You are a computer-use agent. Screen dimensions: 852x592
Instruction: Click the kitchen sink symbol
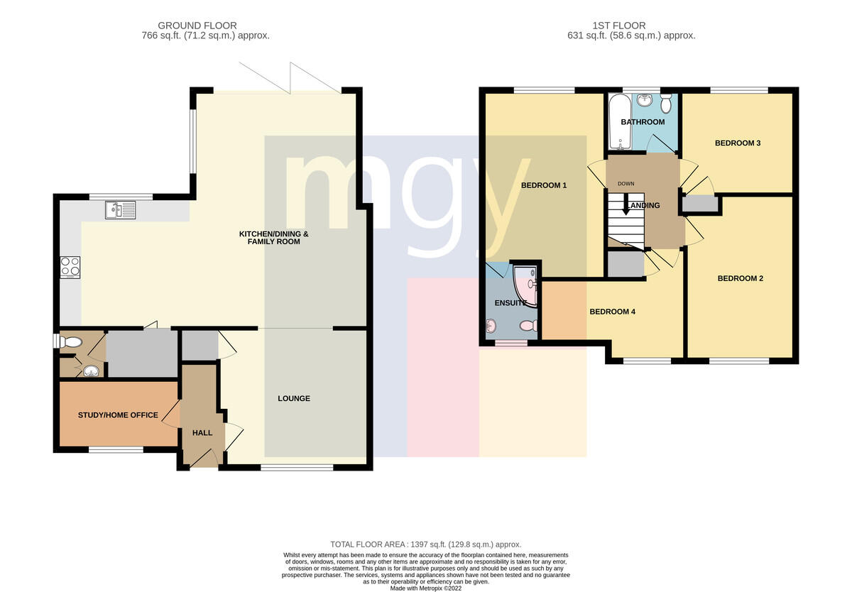click(120, 210)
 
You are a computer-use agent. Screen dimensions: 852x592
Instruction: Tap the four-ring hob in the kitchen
click(70, 268)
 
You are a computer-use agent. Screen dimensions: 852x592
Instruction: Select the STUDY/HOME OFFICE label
click(118, 415)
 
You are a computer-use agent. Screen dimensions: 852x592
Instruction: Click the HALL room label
click(202, 433)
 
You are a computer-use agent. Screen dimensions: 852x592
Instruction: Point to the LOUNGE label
click(294, 398)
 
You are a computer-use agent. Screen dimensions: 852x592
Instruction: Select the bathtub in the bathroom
click(620, 121)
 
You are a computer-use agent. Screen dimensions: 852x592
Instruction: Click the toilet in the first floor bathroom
click(666, 104)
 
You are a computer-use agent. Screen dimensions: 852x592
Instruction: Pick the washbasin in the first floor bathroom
click(645, 100)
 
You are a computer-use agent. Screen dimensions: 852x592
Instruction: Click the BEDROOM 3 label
click(738, 143)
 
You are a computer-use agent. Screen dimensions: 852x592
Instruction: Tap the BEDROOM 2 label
click(740, 278)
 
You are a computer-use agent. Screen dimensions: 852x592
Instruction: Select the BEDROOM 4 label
click(612, 312)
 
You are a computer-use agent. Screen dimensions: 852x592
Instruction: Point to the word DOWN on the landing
click(626, 184)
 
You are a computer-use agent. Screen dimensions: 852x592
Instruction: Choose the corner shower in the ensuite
click(525, 285)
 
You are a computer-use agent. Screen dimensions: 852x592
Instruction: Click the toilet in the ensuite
click(529, 326)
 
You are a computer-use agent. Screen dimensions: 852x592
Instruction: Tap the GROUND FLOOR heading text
click(197, 26)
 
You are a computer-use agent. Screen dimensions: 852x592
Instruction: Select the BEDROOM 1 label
click(544, 185)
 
